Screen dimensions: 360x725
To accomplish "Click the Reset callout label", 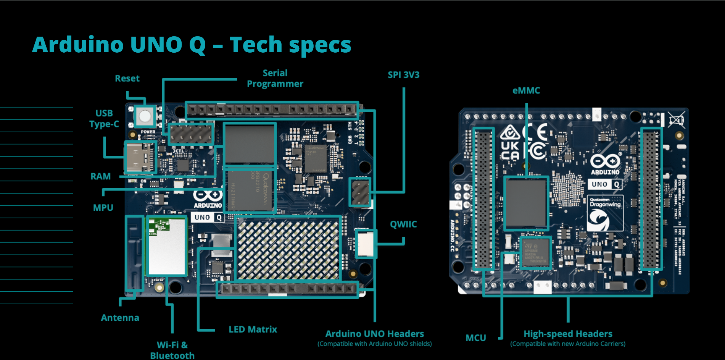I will point(127,79).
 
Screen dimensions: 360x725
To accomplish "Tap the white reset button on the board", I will point(145,116).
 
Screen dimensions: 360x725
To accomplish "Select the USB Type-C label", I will point(104,119).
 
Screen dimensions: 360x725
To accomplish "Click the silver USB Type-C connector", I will point(139,157).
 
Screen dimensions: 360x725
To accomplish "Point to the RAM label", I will point(100,176).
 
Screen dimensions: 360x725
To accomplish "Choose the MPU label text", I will point(103,208).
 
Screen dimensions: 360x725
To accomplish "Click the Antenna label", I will point(120,318).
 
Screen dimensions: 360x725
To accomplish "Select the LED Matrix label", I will point(253,329).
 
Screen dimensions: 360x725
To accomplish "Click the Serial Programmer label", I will point(275,78).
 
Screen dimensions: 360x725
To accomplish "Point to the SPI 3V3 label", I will point(403,75).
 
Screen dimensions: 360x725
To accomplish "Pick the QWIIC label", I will point(403,224).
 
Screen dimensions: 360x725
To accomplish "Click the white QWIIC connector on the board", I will point(365,244).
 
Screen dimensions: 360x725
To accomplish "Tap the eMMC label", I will point(526,90).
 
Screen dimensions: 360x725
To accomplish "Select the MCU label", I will point(475,338).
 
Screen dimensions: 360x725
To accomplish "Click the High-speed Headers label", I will point(567,334).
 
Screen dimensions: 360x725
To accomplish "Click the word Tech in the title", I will point(256,45).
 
